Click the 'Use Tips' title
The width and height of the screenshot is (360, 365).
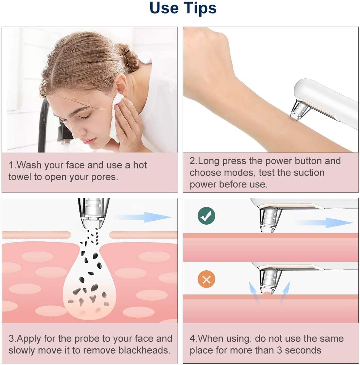click(x=183, y=8)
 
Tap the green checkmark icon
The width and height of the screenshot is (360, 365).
click(x=206, y=215)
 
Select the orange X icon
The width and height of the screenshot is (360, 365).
click(x=206, y=279)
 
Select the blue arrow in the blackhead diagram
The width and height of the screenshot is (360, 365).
click(x=143, y=217)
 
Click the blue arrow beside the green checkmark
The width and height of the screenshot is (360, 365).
click(x=324, y=223)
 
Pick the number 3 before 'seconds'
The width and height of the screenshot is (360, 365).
click(x=279, y=350)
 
